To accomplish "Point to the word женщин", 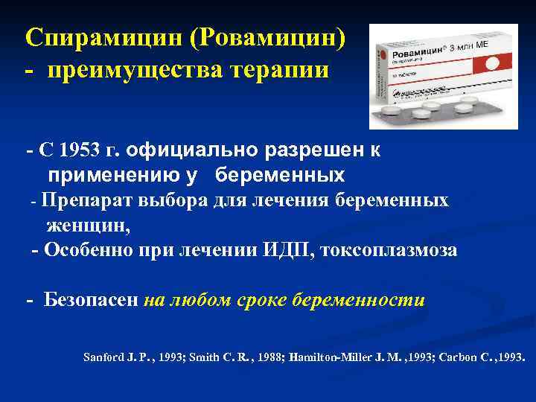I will [x=86, y=226].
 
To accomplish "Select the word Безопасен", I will [x=92, y=301].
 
